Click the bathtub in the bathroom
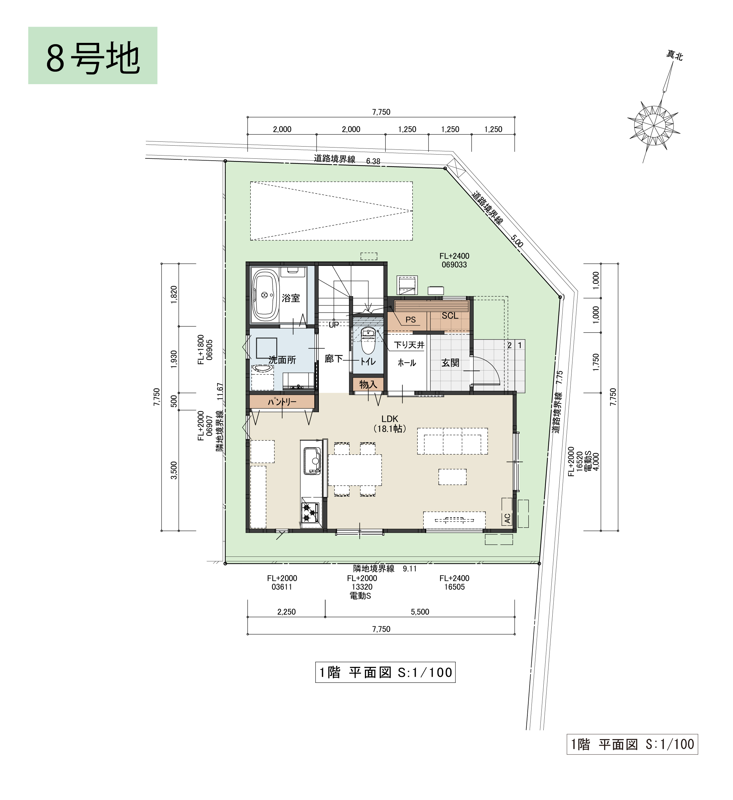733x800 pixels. [265, 296]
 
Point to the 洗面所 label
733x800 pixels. [282, 360]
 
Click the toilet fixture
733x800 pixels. [368, 341]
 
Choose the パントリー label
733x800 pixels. [282, 402]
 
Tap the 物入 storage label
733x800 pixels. [368, 384]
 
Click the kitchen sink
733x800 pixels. [312, 461]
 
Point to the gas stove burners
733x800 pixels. [310, 512]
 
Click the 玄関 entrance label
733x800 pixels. [450, 363]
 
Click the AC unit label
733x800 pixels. [507, 518]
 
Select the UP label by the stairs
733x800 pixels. [334, 324]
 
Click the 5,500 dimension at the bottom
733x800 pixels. [420, 612]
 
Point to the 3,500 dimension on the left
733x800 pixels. [174, 470]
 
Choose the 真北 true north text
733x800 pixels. [674, 56]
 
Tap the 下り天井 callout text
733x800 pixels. [409, 345]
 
